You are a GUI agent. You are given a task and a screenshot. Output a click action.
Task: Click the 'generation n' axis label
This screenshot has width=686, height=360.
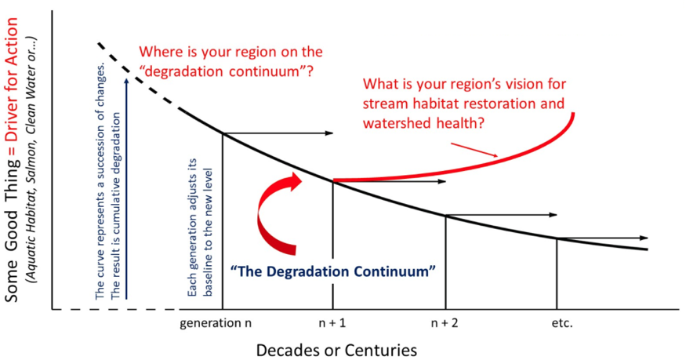pyautogui.click(x=216, y=323)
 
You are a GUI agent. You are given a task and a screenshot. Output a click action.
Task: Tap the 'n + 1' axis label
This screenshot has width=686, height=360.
pyautogui.click(x=332, y=323)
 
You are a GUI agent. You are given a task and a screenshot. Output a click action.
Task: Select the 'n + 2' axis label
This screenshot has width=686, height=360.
pyautogui.click(x=445, y=323)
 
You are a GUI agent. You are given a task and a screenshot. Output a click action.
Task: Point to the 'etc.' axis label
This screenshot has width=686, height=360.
pyautogui.click(x=562, y=323)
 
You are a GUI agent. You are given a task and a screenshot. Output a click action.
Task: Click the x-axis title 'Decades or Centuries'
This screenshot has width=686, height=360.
pyautogui.click(x=336, y=350)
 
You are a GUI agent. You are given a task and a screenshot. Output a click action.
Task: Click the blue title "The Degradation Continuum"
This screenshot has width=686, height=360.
pyautogui.click(x=333, y=271)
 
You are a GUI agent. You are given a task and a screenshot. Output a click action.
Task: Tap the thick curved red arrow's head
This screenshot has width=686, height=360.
pyautogui.click(x=294, y=181)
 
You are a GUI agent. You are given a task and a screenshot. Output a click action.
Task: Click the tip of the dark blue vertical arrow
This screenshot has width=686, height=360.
pyautogui.click(x=126, y=78)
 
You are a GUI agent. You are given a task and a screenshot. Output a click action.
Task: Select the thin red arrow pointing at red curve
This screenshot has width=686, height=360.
pyautogui.click(x=474, y=149)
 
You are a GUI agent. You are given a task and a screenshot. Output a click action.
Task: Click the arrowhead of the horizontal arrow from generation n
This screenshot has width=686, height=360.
pyautogui.click(x=330, y=133)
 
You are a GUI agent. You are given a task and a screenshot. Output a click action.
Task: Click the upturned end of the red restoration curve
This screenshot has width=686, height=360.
pyautogui.click(x=572, y=115)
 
